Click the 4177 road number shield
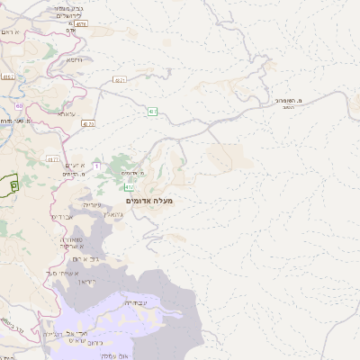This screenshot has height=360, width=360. tap(52, 159)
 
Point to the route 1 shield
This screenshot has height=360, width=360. tap(96, 166)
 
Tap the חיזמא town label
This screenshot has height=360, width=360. tap(74, 60)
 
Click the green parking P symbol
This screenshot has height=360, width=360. tap(14, 184)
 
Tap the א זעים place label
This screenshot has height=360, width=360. tap(75, 166)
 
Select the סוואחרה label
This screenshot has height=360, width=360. tap(74, 239)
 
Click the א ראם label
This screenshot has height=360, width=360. tap(9, 31)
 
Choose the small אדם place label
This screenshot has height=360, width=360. tap(71, 31)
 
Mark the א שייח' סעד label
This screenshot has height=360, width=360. tap(65, 273)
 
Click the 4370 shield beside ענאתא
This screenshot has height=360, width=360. tap(87, 123)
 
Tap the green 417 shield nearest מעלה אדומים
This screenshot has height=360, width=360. tap(130, 187)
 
